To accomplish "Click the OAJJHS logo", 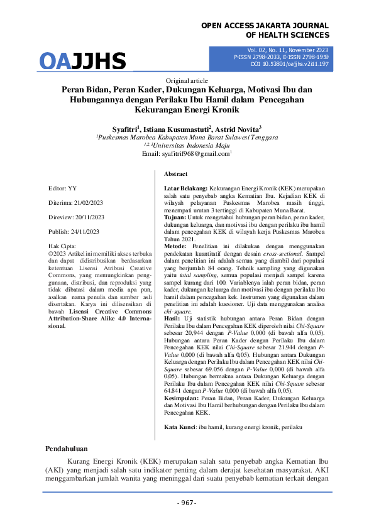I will click(82, 62).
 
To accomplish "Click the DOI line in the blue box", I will click(290, 63).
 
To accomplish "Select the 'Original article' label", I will click(187, 81).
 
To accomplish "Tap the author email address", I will click(186, 153).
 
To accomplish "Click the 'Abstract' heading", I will click(176, 173).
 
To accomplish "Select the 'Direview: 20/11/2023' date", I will click(74, 217).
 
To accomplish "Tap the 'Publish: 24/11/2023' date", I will click(74, 232).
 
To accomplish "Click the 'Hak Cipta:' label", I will click(62, 246).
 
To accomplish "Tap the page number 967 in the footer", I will click(187, 503).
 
